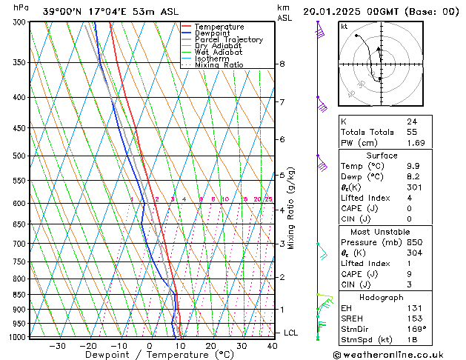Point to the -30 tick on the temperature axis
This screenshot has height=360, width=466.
click(57, 346)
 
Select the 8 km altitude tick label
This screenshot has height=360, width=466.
click(282, 64)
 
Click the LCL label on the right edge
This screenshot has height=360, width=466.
click(290, 333)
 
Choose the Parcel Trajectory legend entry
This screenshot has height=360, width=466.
click(229, 39)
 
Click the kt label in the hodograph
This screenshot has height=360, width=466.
click(344, 27)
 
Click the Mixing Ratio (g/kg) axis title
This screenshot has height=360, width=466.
click(291, 208)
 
